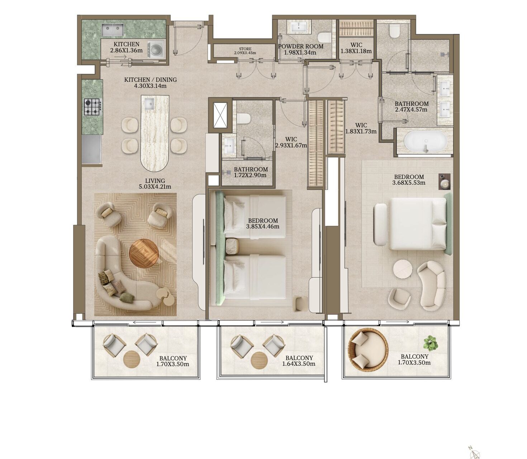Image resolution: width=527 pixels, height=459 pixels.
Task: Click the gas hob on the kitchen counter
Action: click(92, 107)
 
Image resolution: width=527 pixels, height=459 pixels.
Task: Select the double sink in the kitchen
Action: click(113, 30)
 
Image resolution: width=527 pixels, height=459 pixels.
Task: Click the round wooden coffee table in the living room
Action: click(144, 252)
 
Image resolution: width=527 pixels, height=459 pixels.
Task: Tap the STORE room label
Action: click(245, 49)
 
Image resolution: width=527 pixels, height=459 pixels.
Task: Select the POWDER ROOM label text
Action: click(300, 46)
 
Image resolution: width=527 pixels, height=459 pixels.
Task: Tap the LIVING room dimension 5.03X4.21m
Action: click(155, 187)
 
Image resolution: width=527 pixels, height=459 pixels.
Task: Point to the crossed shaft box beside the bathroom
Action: click(220, 115)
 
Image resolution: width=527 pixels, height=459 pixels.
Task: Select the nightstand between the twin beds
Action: click(232, 246)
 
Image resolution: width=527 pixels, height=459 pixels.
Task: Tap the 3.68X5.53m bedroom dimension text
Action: click(409, 183)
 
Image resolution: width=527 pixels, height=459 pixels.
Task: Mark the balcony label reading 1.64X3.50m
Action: click(299, 364)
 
